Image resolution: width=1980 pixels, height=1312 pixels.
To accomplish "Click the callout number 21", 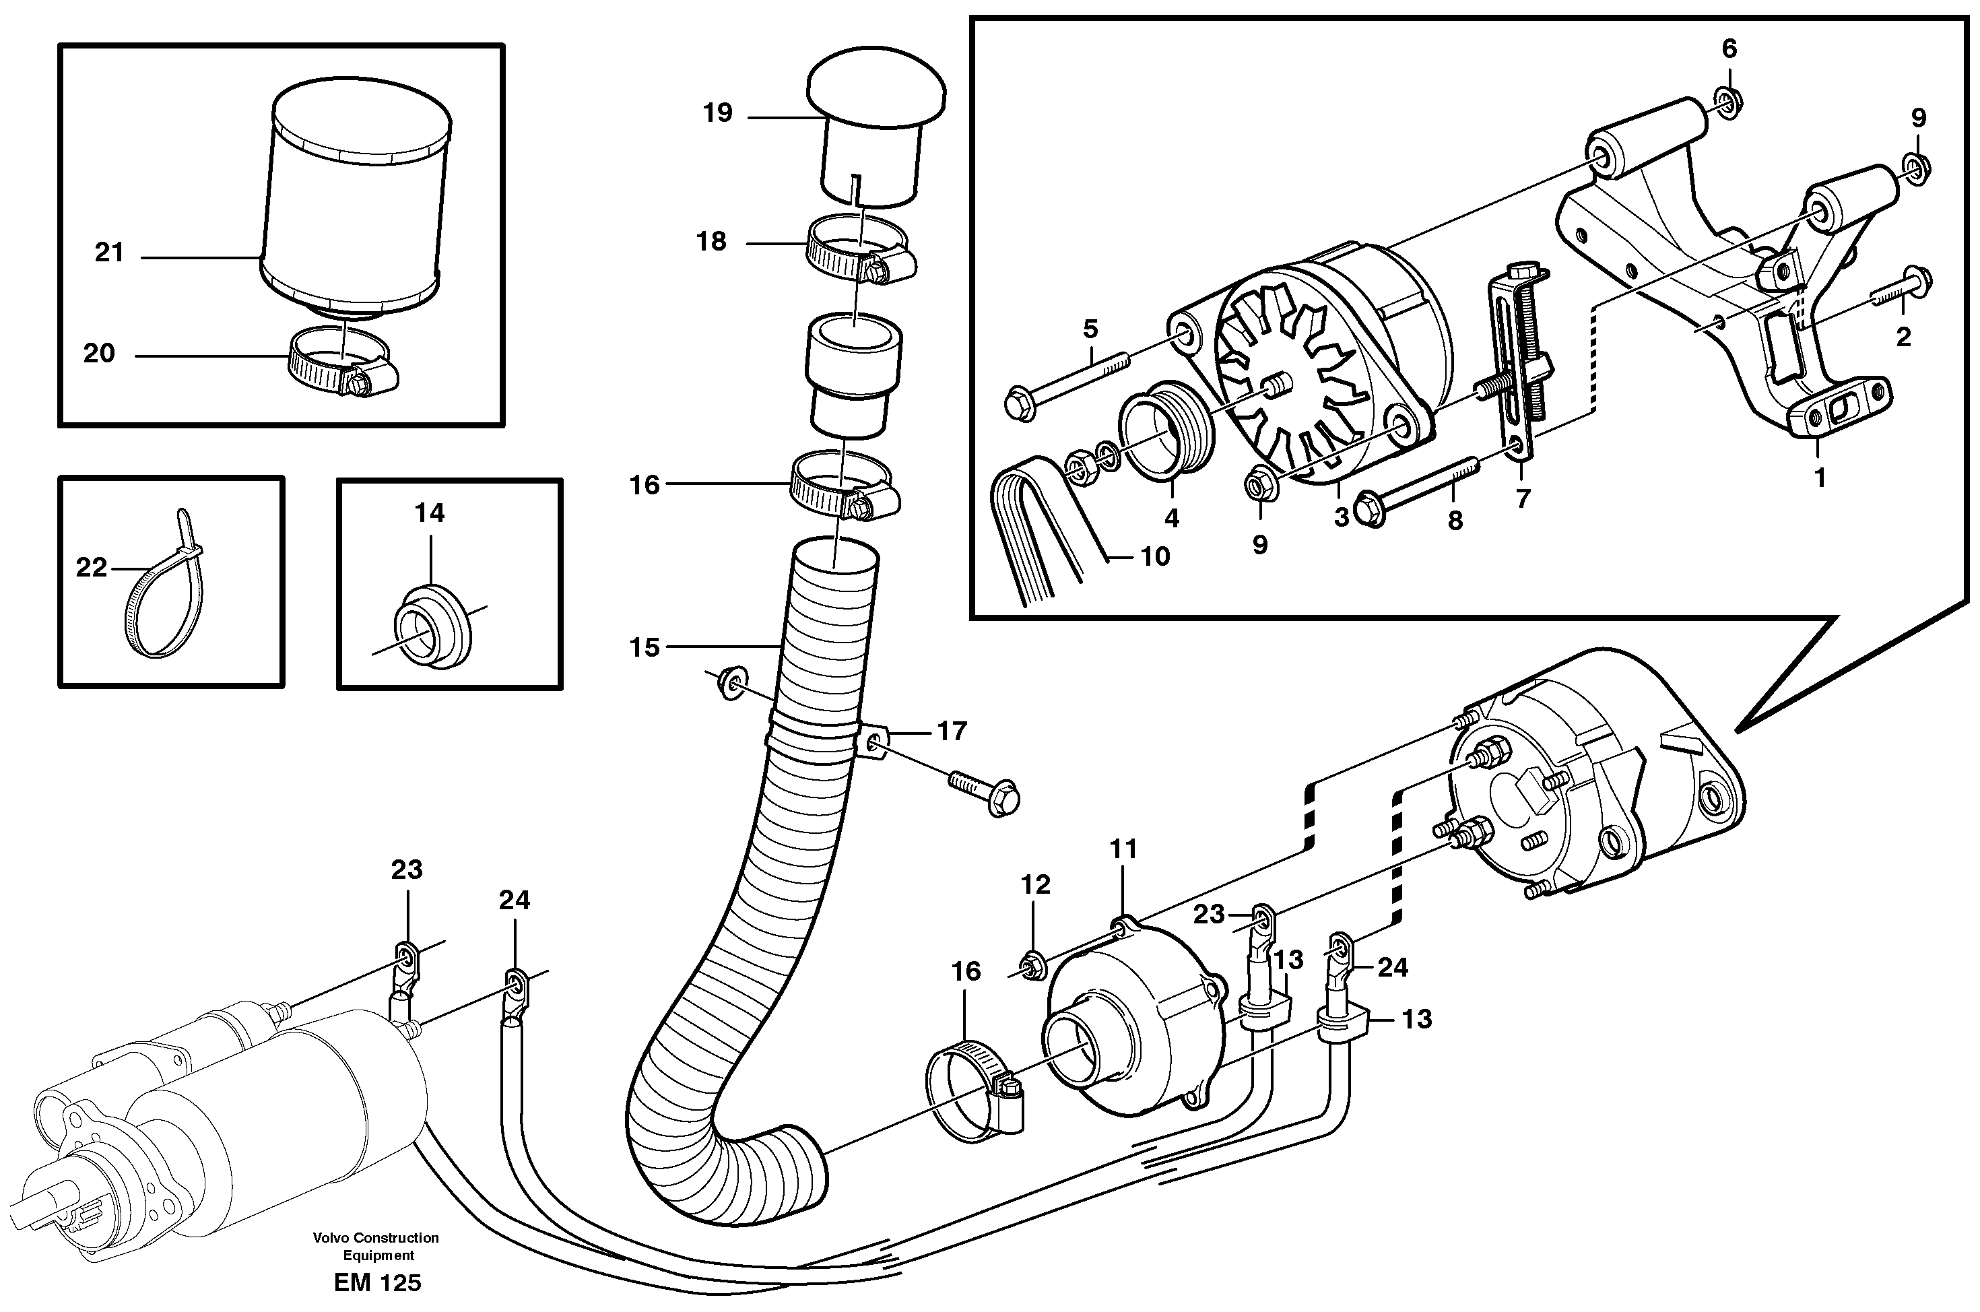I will pyautogui.click(x=108, y=252).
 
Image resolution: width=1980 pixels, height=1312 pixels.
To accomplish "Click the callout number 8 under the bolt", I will pyautogui.click(x=1455, y=521).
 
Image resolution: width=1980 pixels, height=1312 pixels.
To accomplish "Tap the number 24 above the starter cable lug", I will pyautogui.click(x=514, y=900).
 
